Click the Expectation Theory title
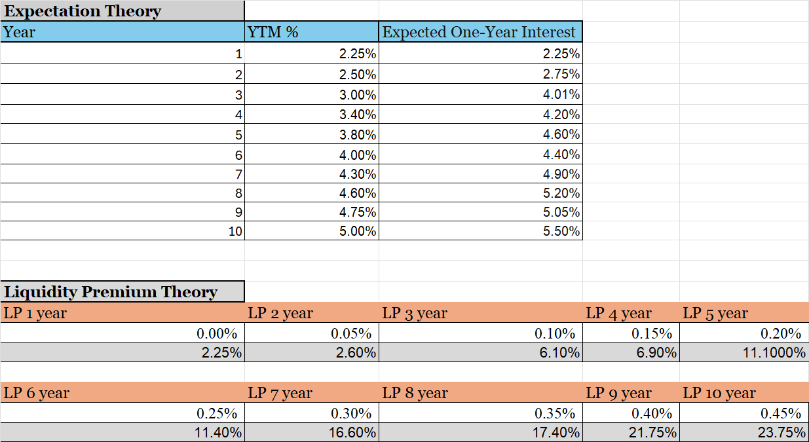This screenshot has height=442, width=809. coord(83,12)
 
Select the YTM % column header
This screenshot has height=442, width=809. coord(273,32)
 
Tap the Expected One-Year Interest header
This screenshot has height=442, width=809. coord(479,32)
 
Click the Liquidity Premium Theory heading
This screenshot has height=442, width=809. coord(111,292)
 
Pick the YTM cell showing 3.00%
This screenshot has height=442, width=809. coord(358,95)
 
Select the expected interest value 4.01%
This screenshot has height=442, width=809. coord(561,95)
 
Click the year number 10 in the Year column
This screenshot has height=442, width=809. coord(235,231)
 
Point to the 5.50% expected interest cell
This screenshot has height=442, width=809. coord(561,231)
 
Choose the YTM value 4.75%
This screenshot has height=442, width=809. coord(358,212)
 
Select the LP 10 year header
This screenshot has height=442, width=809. coord(719,393)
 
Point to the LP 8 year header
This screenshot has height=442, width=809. coord(415,393)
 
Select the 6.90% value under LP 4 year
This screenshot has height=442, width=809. coord(656,353)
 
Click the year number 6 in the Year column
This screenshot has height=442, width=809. coord(238,155)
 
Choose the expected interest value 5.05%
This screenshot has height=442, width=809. coord(561,212)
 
